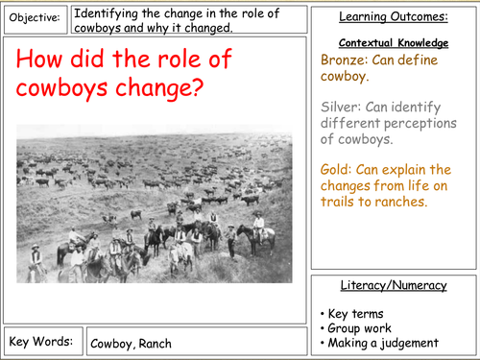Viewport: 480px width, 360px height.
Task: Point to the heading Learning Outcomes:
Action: pos(395,17)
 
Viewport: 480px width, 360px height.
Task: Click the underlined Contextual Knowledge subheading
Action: pos(395,43)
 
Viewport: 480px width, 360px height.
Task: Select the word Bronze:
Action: pos(347,59)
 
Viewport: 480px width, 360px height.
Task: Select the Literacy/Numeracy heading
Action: pos(395,285)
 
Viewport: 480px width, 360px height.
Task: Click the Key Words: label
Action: pos(39,341)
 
